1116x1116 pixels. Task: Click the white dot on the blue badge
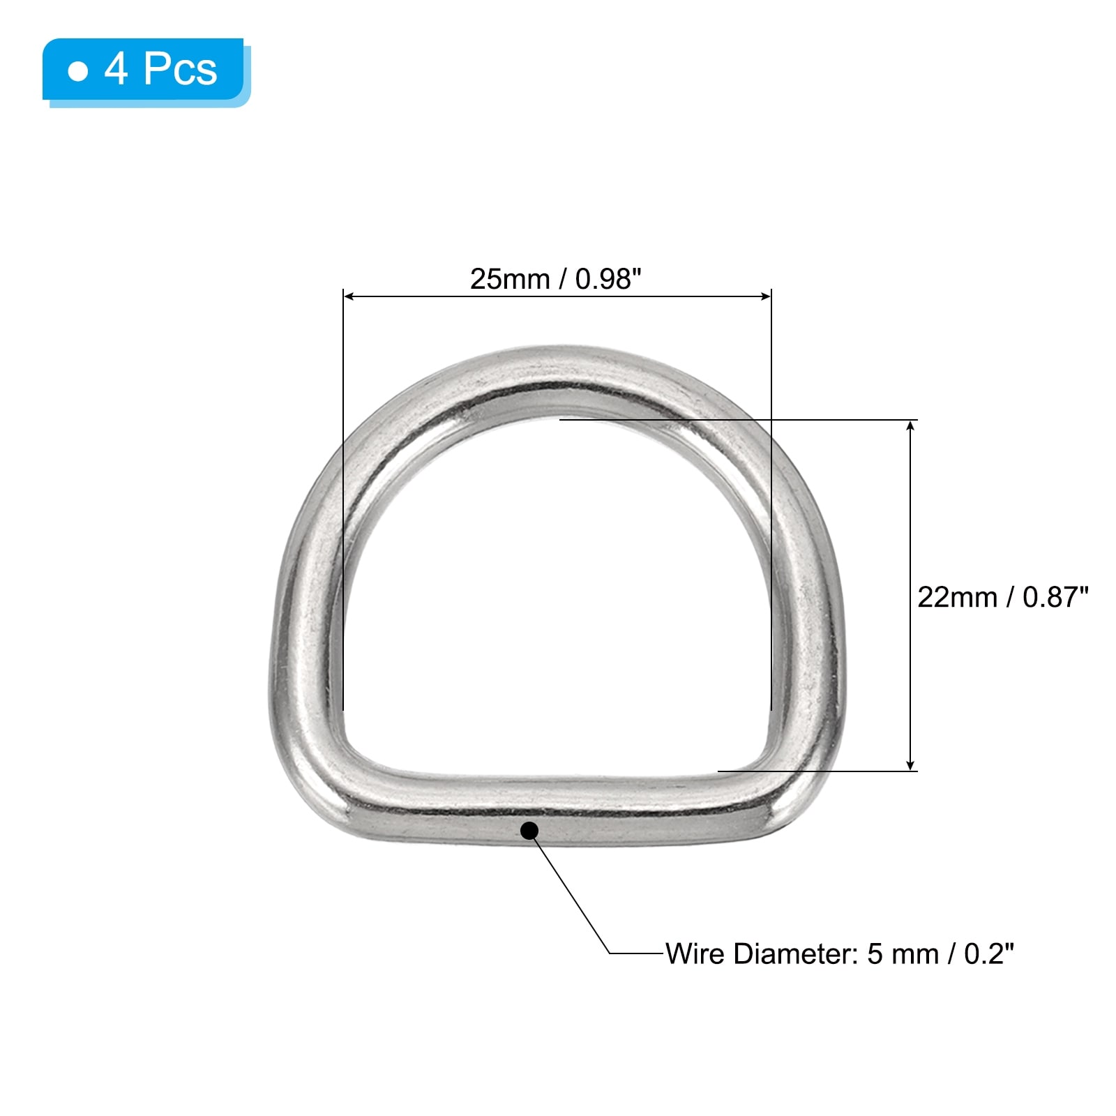coord(79,71)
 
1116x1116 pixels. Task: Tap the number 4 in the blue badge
coord(116,69)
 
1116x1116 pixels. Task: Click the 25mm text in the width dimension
coord(510,279)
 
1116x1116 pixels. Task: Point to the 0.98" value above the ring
coord(608,279)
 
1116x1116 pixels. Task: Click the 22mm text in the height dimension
coord(957,597)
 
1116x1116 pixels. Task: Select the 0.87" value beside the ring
coord(1055,597)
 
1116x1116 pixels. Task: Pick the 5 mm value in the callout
coord(903,953)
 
